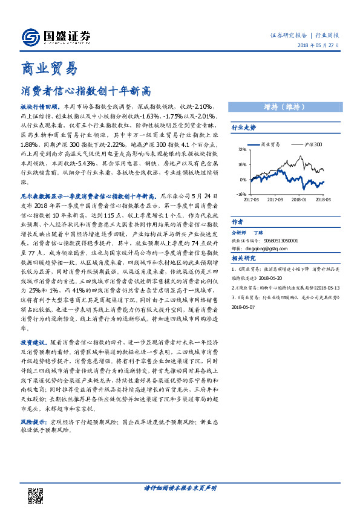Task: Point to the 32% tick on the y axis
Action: pyautogui.click(x=242, y=149)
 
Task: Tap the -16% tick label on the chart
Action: pyautogui.click(x=241, y=195)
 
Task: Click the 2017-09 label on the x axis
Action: pyautogui.click(x=275, y=199)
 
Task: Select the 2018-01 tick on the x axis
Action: pyautogui.click(x=299, y=199)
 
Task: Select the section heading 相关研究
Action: pyautogui.click(x=244, y=258)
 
